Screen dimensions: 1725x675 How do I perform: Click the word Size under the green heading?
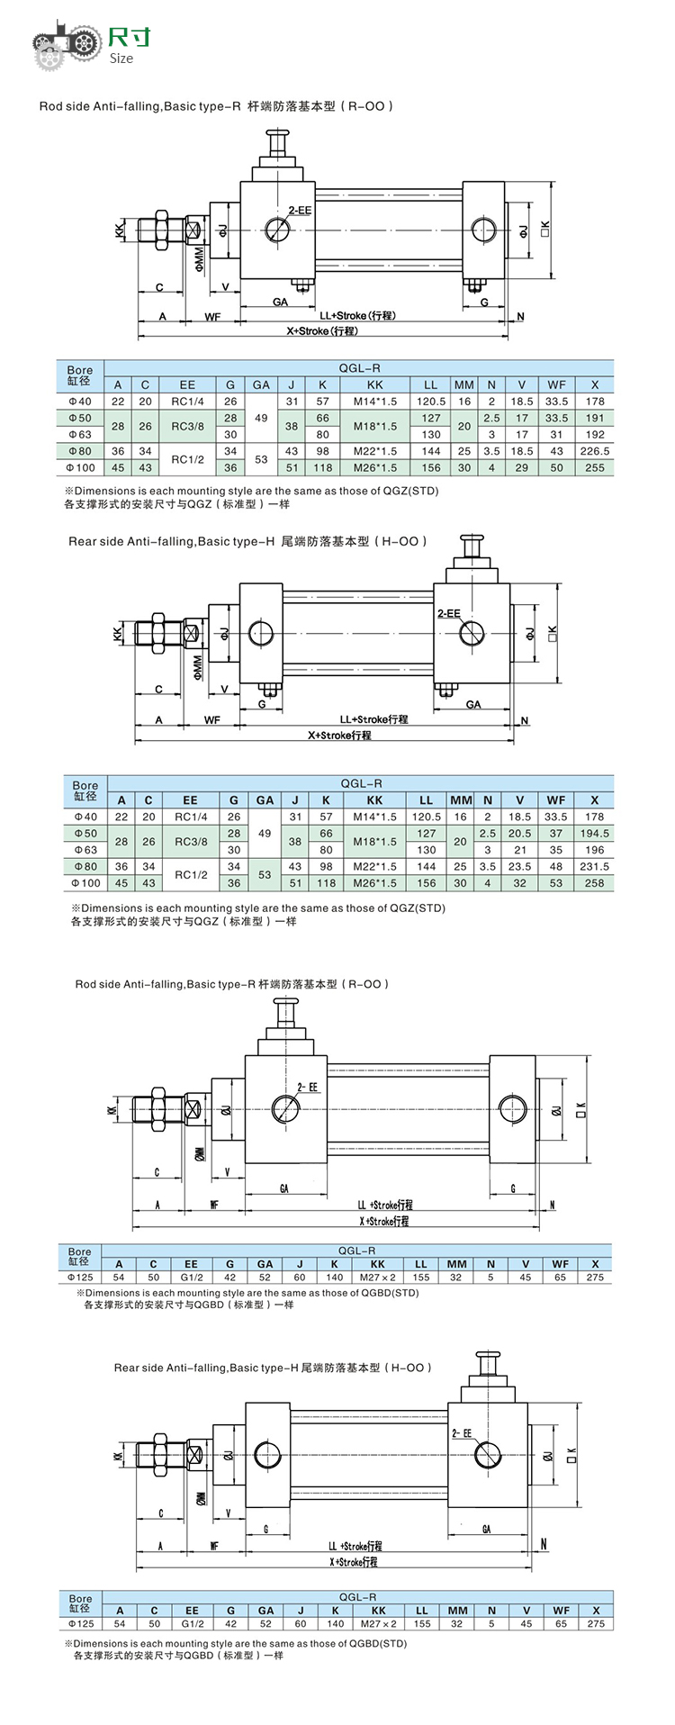pyautogui.click(x=121, y=59)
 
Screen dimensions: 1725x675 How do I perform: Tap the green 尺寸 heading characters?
pyautogui.click(x=130, y=37)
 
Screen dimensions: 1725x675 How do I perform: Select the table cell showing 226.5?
pyautogui.click(x=594, y=451)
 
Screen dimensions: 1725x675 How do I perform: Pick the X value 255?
pyautogui.click(x=594, y=468)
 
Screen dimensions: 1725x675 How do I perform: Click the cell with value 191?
pyautogui.click(x=594, y=418)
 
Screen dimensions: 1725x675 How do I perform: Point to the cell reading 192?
pyautogui.click(x=594, y=435)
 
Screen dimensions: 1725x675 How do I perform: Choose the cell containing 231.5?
pyautogui.click(x=594, y=867)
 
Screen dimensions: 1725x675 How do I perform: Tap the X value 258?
pyautogui.click(x=594, y=883)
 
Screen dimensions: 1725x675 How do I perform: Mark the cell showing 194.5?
pyautogui.click(x=594, y=834)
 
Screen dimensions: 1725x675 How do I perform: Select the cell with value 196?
pyautogui.click(x=594, y=850)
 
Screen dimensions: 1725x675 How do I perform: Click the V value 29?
pyautogui.click(x=522, y=468)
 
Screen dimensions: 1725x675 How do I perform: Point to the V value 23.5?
pyautogui.click(x=519, y=867)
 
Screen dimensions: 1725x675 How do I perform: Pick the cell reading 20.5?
pyautogui.click(x=519, y=834)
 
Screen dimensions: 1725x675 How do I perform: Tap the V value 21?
pyautogui.click(x=519, y=850)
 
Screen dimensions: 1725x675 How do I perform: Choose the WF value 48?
pyautogui.click(x=556, y=867)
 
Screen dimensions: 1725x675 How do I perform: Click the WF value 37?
pyautogui.click(x=556, y=834)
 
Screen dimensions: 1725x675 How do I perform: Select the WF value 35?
pyautogui.click(x=556, y=850)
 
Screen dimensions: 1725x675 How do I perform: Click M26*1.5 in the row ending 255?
pyautogui.click(x=375, y=468)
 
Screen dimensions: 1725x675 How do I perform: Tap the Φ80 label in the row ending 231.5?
pyautogui.click(x=85, y=867)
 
